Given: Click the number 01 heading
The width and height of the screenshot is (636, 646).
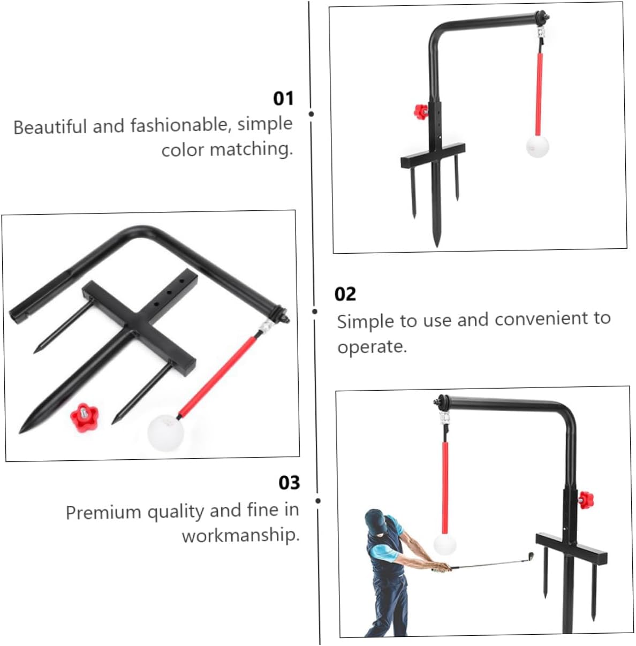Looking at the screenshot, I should pyautogui.click(x=283, y=98).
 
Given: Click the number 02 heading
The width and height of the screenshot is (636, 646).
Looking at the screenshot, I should pyautogui.click(x=345, y=294).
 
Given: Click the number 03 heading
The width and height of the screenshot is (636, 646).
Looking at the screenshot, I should pyautogui.click(x=289, y=482).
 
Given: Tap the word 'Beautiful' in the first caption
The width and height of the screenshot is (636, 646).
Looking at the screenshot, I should pyautogui.click(x=50, y=127).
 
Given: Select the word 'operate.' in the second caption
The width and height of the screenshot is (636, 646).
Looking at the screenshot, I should pyautogui.click(x=372, y=346).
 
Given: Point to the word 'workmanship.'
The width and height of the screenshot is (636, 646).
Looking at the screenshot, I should pyautogui.click(x=240, y=535).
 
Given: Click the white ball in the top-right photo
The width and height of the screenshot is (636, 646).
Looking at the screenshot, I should pyautogui.click(x=537, y=146).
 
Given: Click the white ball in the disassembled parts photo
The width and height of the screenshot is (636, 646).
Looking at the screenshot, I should pyautogui.click(x=166, y=431).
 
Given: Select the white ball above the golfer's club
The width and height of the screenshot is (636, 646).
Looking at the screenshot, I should pyautogui.click(x=444, y=544).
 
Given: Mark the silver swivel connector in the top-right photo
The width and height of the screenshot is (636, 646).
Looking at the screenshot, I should pyautogui.click(x=540, y=37).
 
